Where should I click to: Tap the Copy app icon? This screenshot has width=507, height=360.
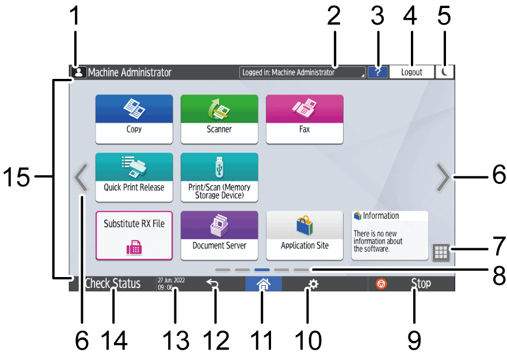click(x=134, y=119)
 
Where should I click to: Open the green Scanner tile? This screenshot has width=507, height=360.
click(x=219, y=119)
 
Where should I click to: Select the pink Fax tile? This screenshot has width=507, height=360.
click(x=304, y=119)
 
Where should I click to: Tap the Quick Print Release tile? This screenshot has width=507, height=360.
click(x=134, y=177)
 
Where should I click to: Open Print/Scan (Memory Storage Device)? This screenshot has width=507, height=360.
click(x=219, y=177)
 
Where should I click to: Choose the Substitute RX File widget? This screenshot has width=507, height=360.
click(x=134, y=235)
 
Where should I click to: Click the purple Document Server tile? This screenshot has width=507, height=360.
click(x=219, y=235)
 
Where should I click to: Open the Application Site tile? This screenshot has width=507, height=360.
click(x=304, y=235)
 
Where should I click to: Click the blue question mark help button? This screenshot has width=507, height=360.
click(x=378, y=73)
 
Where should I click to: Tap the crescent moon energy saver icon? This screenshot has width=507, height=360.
click(x=445, y=73)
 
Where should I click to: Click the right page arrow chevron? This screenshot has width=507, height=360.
click(x=443, y=177)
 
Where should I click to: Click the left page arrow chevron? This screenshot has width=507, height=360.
click(x=81, y=177)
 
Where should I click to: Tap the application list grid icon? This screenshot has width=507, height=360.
click(x=440, y=252)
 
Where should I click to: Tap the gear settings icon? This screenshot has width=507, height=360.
click(x=313, y=284)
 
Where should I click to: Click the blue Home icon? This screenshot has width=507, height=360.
click(x=262, y=284)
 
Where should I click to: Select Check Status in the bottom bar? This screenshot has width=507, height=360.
click(x=112, y=284)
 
